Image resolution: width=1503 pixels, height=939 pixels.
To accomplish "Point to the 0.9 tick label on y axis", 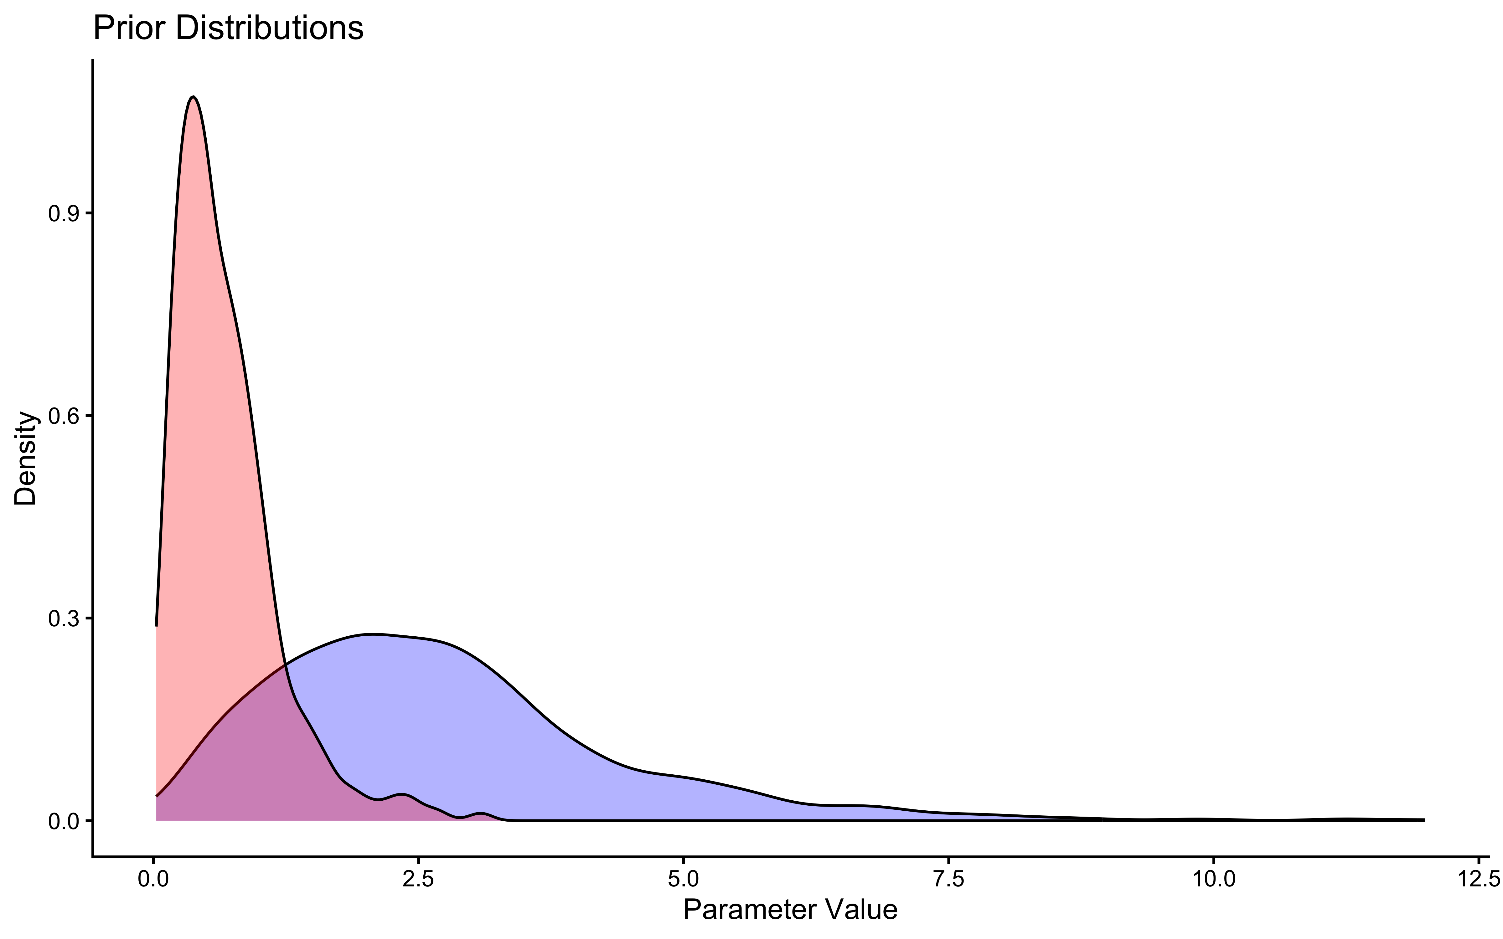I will (x=62, y=214).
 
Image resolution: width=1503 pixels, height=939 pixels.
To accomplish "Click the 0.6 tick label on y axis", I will (x=62, y=416).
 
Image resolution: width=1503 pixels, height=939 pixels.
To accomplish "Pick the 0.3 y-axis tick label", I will (x=62, y=618).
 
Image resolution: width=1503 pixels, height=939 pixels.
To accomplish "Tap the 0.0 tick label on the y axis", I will (x=62, y=821).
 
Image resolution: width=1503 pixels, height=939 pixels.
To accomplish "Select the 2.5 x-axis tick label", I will (x=418, y=880).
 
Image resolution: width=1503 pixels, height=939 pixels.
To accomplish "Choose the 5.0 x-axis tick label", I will (x=683, y=880).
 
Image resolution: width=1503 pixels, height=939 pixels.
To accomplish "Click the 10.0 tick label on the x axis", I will (x=1212, y=880).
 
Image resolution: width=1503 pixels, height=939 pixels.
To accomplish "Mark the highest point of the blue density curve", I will (x=373, y=634).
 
